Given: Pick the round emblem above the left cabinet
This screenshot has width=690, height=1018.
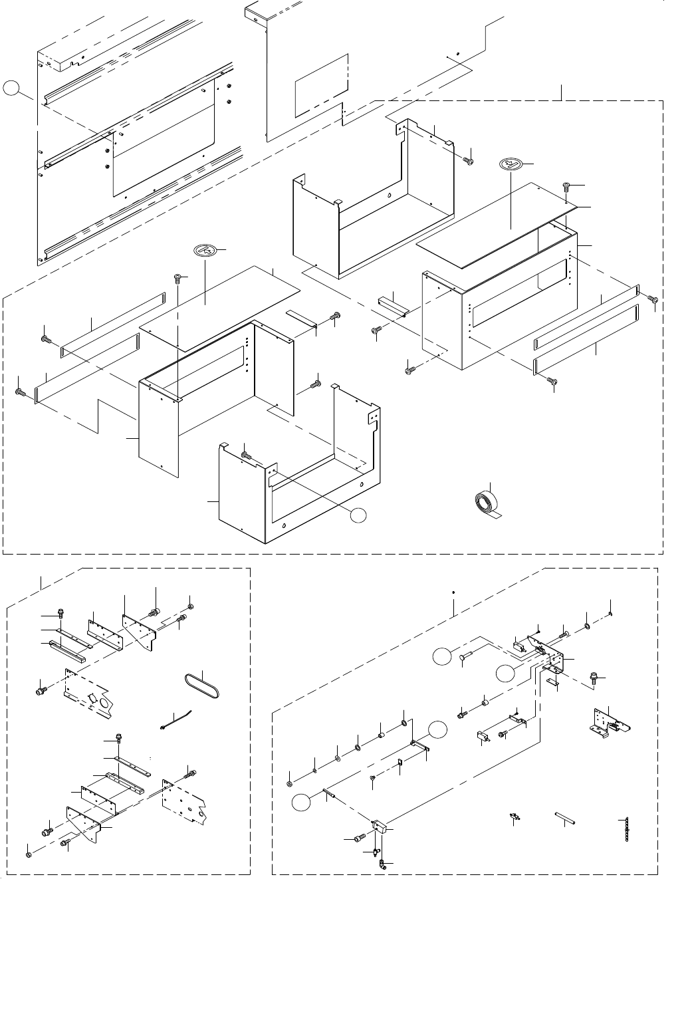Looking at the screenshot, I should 205,250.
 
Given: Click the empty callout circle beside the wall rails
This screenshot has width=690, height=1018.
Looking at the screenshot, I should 11,88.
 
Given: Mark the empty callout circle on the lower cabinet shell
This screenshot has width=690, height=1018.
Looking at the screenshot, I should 359,514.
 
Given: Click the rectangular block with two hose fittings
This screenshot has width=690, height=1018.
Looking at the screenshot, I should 380,827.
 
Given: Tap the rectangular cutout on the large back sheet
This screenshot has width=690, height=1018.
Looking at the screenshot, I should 321,83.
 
